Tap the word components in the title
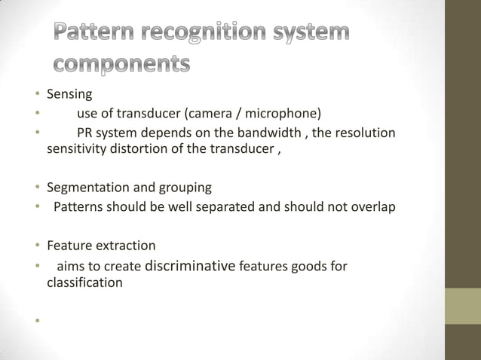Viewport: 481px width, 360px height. (121, 65)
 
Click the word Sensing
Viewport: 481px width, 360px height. (69, 95)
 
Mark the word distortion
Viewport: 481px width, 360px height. (140, 148)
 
